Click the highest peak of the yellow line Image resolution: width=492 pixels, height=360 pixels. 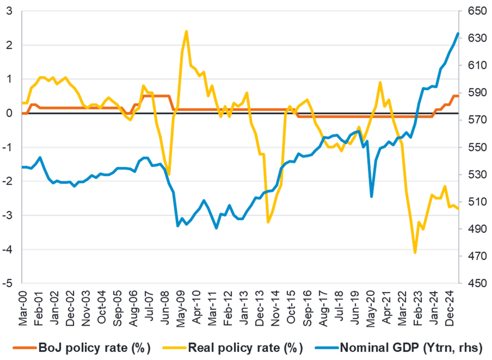186,31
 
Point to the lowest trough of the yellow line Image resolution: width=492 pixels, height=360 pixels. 415,253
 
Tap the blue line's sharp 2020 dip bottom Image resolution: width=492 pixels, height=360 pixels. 372,196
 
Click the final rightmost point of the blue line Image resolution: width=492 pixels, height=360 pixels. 458,33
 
